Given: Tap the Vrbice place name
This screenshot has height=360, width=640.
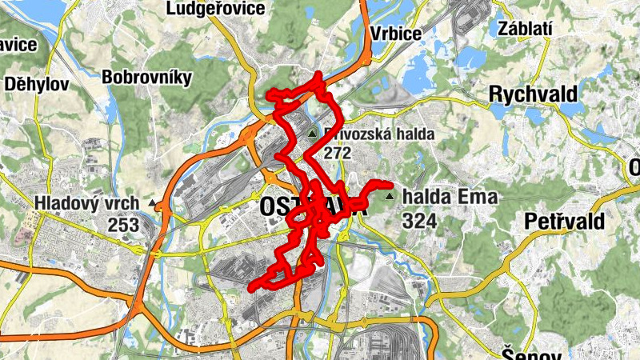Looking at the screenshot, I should point(396,33).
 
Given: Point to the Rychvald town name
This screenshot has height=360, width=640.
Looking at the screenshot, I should point(533,94).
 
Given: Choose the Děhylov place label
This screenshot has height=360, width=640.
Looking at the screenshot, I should point(37,83).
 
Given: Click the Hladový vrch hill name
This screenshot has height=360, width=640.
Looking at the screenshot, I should point(86,204).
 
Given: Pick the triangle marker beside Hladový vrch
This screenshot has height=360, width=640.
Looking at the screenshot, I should point(152,203).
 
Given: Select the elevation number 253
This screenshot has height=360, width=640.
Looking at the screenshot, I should point(123,226).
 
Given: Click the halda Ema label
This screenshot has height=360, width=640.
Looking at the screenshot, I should point(451,197).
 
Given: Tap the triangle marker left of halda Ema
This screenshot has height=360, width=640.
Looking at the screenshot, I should point(390,196).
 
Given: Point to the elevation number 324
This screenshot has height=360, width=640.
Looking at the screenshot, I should point(421,220).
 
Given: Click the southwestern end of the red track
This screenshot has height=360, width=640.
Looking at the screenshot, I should point(252,287).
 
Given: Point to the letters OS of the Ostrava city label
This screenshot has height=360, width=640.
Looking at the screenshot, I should point(274,206).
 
